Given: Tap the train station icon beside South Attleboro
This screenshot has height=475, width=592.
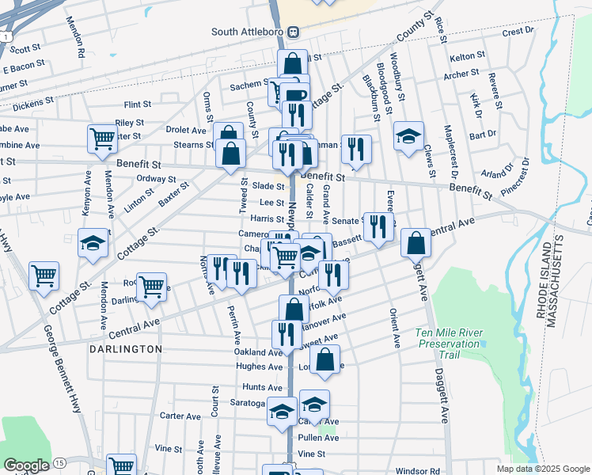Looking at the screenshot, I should coord(293,32).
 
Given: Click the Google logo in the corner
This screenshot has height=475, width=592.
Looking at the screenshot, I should coord(26,465).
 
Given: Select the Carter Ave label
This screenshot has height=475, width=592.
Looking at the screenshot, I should coord(180,416).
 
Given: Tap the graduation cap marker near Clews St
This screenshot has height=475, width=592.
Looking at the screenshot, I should coord(408,135).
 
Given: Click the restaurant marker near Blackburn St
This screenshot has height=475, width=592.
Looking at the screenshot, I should coord(356,147).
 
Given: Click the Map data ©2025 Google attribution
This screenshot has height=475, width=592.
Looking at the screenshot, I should coord(542,469).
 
